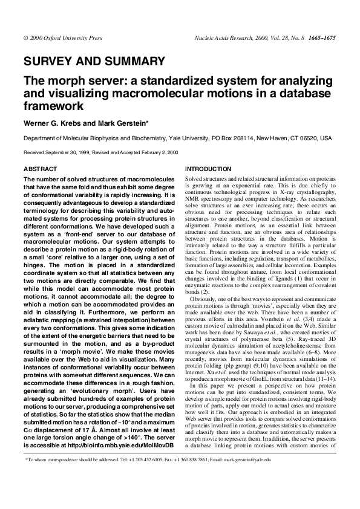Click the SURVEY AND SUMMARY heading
tap(94, 61)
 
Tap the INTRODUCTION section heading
tap(208, 169)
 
